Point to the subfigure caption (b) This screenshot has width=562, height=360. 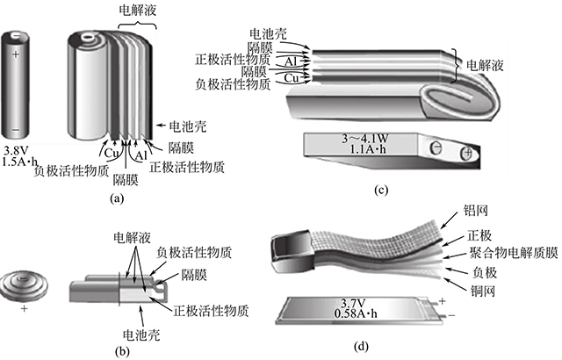coord(122,351)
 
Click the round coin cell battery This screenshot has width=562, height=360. coord(26,284)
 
